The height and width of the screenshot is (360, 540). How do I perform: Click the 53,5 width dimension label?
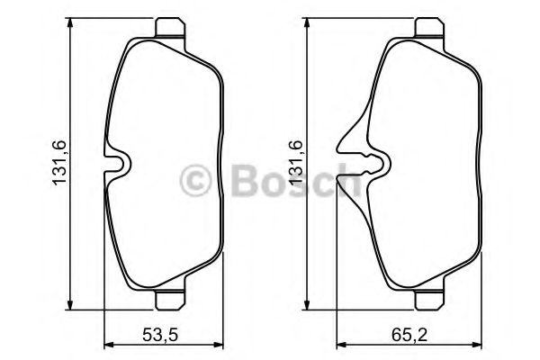point(160,334)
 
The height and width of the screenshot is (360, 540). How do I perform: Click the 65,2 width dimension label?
point(409,334)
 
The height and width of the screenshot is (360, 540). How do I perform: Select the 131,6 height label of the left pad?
point(58,163)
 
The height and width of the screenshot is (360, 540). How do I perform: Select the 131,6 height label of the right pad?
point(295,163)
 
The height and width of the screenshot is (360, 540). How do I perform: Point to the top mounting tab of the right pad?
point(429,27)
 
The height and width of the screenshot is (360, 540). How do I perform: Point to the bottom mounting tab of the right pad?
point(429,301)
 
